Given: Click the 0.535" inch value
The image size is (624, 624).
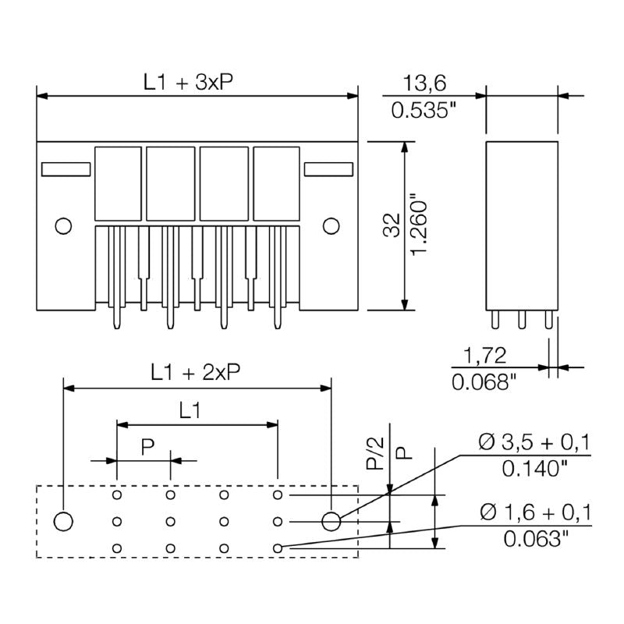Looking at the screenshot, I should (x=424, y=110).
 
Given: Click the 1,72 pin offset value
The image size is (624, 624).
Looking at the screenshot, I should (x=485, y=356).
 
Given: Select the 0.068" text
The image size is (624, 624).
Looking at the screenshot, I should (x=485, y=381).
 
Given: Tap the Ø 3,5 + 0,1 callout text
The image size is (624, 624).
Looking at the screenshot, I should (x=535, y=444).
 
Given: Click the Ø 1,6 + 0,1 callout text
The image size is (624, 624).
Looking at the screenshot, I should (x=535, y=512).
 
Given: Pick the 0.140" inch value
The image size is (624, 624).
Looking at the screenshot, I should (x=535, y=469).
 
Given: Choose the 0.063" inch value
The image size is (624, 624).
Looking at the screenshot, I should (x=535, y=538).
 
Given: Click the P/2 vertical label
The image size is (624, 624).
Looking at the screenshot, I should (x=376, y=453).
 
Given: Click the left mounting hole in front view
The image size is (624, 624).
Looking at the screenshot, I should (x=63, y=226).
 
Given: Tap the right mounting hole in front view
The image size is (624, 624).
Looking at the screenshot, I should (x=331, y=226).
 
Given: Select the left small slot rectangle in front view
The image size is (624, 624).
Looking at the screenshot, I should (x=66, y=168).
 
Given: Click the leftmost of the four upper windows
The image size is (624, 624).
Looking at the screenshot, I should (x=118, y=183).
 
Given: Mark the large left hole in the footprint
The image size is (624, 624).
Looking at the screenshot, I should (x=63, y=520).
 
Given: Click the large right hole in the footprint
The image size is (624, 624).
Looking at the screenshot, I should (x=331, y=520).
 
